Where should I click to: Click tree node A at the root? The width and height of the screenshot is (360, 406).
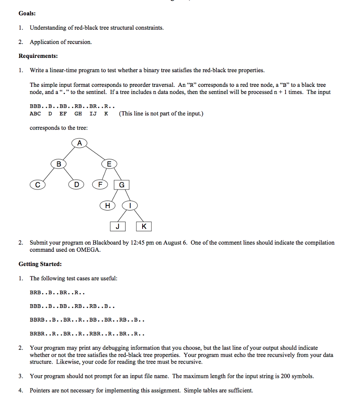pyautogui.click(x=79, y=143)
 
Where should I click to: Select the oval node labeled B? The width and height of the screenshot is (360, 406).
pyautogui.click(x=59, y=164)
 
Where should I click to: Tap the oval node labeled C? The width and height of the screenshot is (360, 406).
pyautogui.click(x=38, y=184)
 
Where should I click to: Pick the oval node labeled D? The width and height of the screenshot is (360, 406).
pyautogui.click(x=76, y=184)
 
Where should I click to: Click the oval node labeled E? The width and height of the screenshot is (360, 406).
pyautogui.click(x=109, y=164)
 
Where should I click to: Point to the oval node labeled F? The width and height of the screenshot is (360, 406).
pyautogui.click(x=100, y=184)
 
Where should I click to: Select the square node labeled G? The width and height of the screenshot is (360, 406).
pyautogui.click(x=122, y=184)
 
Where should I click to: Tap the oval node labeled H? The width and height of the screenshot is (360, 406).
pyautogui.click(x=107, y=205)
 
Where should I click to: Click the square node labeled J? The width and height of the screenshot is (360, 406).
pyautogui.click(x=118, y=226)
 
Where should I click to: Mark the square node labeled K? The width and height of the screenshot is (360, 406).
pyautogui.click(x=143, y=226)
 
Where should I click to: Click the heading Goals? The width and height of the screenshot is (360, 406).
pyautogui.click(x=27, y=13)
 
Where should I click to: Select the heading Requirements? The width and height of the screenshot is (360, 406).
pyautogui.click(x=38, y=56)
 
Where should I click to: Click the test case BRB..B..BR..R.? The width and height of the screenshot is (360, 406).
pyautogui.click(x=57, y=293)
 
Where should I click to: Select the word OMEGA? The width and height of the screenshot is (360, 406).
pyautogui.click(x=88, y=250)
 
